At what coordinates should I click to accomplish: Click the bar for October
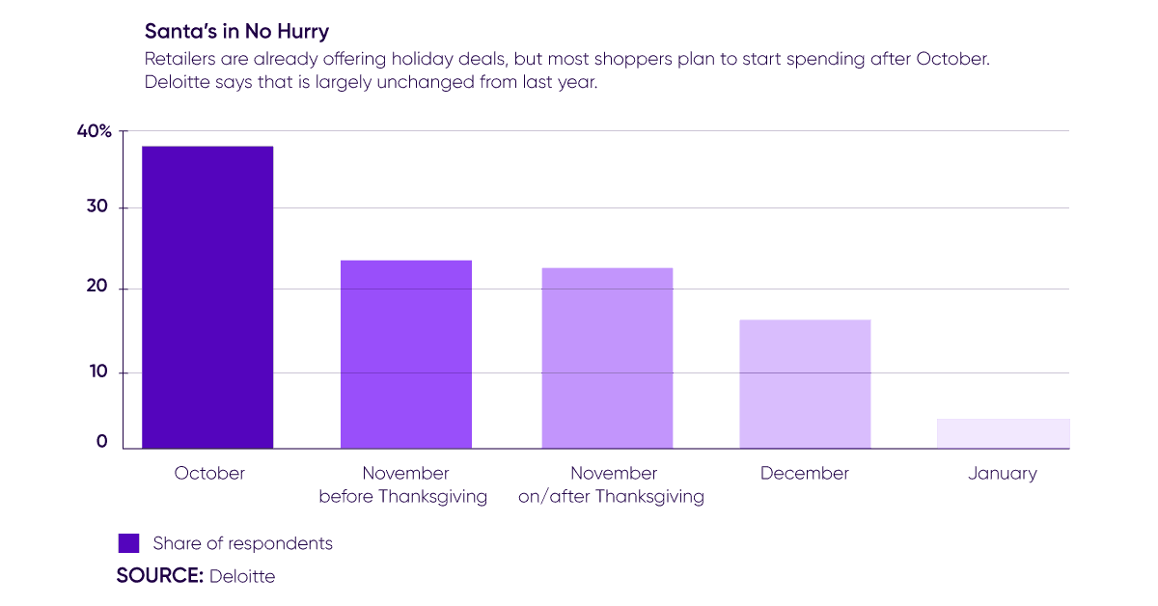207,297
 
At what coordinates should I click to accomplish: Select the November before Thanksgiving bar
406,354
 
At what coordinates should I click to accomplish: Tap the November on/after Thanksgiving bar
607,358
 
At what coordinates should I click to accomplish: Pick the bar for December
805,384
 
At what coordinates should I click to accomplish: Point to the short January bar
1003,433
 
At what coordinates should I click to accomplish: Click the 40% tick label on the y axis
95,131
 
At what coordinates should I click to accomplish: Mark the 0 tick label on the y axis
100,443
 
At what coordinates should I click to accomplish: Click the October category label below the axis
209,474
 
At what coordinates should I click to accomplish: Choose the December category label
805,474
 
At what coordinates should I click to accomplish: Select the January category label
1003,474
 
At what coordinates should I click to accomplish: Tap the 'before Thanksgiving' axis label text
402,497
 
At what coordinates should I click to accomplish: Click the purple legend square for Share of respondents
128,543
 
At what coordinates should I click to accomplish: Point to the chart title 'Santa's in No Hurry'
236,32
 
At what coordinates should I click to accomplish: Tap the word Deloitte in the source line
242,576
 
